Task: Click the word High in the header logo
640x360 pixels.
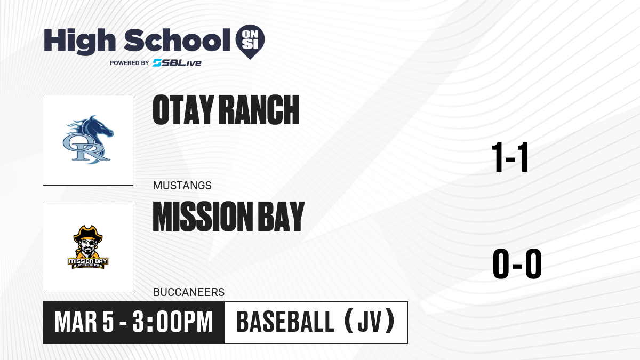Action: tap(79, 42)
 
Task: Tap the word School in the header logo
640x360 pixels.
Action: tap(177, 40)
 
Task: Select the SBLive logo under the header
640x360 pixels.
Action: tap(177, 63)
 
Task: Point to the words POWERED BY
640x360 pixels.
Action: tap(130, 63)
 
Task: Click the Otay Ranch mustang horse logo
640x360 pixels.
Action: tap(88, 140)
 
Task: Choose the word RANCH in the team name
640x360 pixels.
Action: tap(259, 110)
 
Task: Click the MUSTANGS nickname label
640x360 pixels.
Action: tap(182, 186)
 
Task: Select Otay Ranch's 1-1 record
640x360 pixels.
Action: tap(510, 157)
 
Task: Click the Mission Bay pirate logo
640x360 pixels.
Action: tap(88, 247)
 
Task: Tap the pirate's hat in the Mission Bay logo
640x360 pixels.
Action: tap(88, 234)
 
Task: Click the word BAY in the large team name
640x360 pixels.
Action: tap(281, 217)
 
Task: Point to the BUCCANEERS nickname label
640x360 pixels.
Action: tap(189, 292)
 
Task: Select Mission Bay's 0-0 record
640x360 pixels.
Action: tap(517, 264)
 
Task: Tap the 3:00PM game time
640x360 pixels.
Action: tap(173, 322)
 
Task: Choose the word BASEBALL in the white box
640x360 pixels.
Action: tap(285, 322)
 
